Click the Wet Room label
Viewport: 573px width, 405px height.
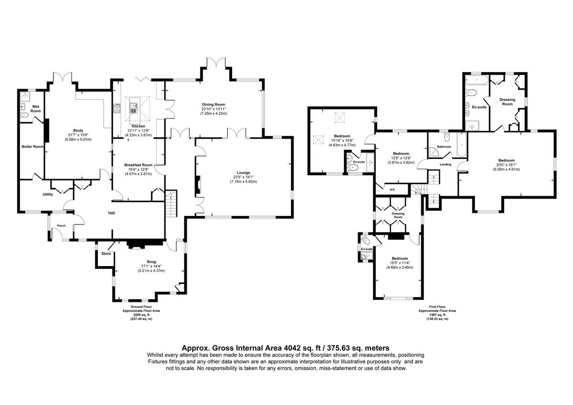35,109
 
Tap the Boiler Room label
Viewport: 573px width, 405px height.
32,147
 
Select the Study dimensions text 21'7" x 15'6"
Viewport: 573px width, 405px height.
78,135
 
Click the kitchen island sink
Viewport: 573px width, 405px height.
134,108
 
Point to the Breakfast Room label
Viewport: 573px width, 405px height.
138,165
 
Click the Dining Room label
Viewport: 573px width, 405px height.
213,105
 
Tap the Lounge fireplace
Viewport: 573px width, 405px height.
198,185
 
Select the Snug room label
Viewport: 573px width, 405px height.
151,262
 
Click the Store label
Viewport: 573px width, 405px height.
106,254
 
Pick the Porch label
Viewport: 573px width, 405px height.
62,225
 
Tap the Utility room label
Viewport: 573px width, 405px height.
48,194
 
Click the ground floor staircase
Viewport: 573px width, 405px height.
171,203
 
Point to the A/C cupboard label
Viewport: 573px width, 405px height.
393,190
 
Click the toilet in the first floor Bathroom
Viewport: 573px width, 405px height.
447,137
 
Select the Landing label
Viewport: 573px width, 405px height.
446,164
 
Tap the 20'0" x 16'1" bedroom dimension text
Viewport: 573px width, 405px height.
506,165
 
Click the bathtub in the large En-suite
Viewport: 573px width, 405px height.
477,80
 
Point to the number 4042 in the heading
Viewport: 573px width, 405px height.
292,348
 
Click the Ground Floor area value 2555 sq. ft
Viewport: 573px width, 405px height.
141,315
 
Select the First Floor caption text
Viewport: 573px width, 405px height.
437,307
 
